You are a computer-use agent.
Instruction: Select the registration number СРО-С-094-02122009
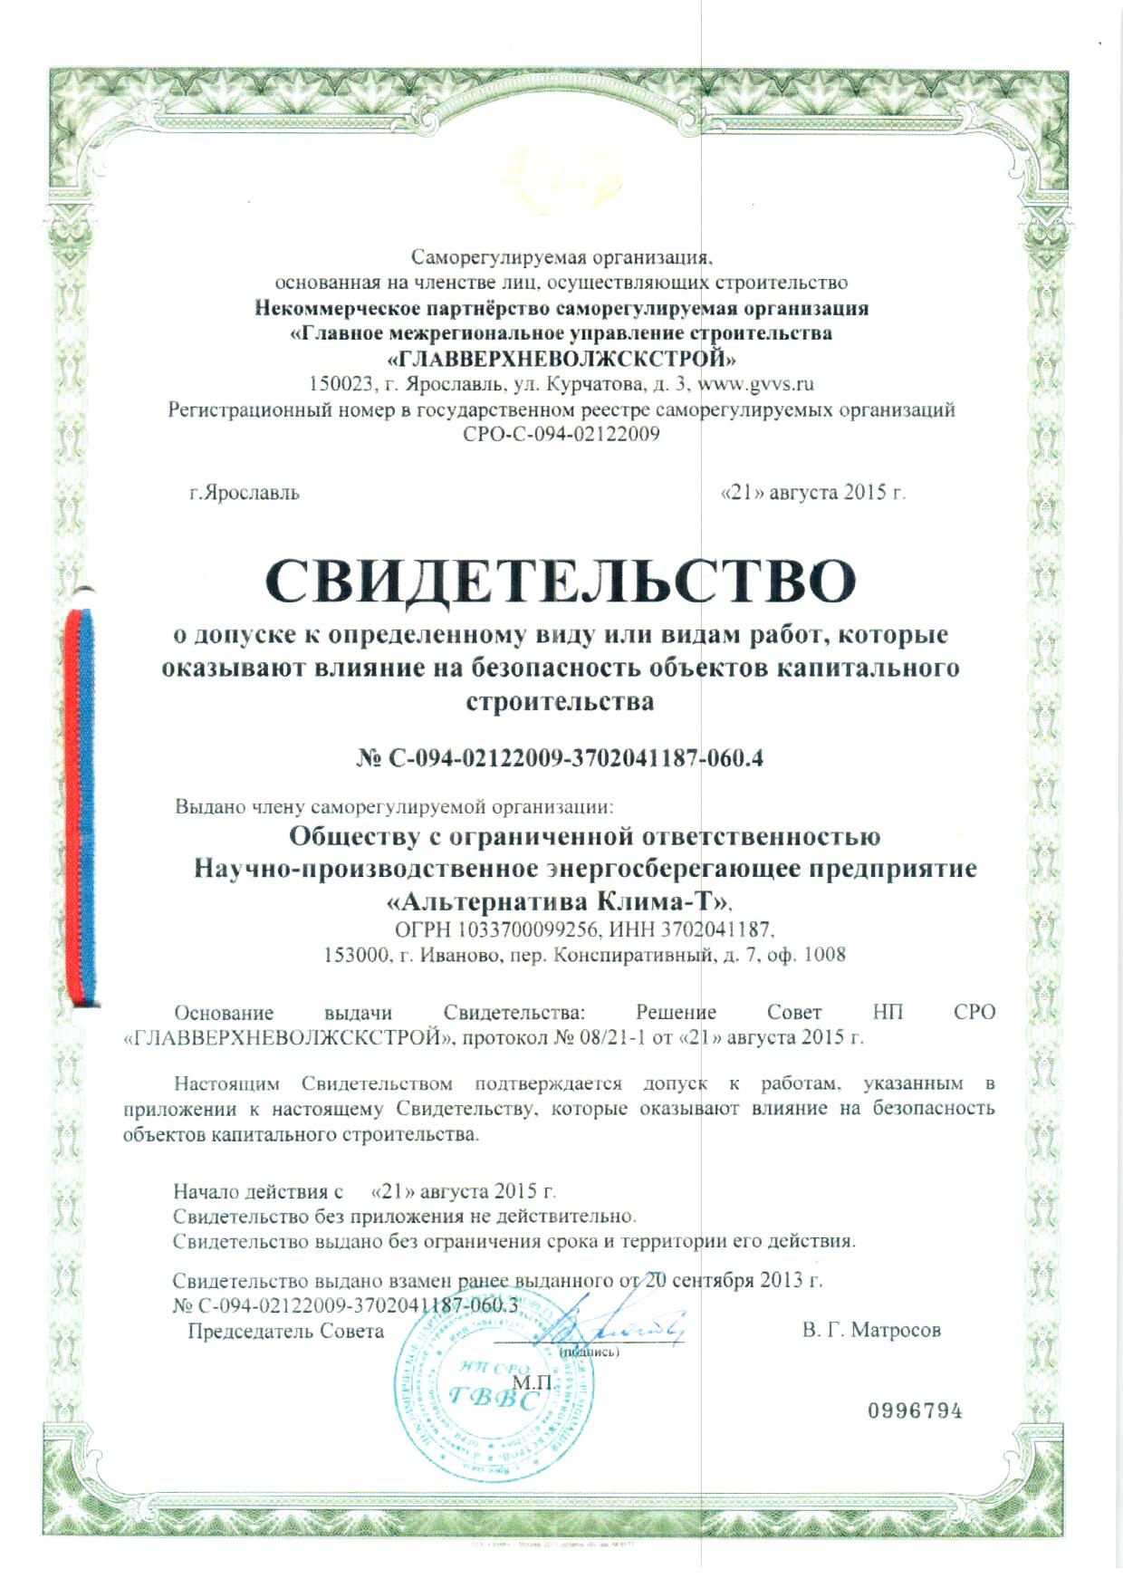[x=561, y=434]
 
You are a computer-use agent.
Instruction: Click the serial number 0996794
[x=915, y=1411]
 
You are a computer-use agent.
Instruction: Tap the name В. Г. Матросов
[x=871, y=1331]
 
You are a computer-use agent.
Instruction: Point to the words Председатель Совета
[x=285, y=1332]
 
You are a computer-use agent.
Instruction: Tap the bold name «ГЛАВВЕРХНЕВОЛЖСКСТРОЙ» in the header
[x=561, y=359]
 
